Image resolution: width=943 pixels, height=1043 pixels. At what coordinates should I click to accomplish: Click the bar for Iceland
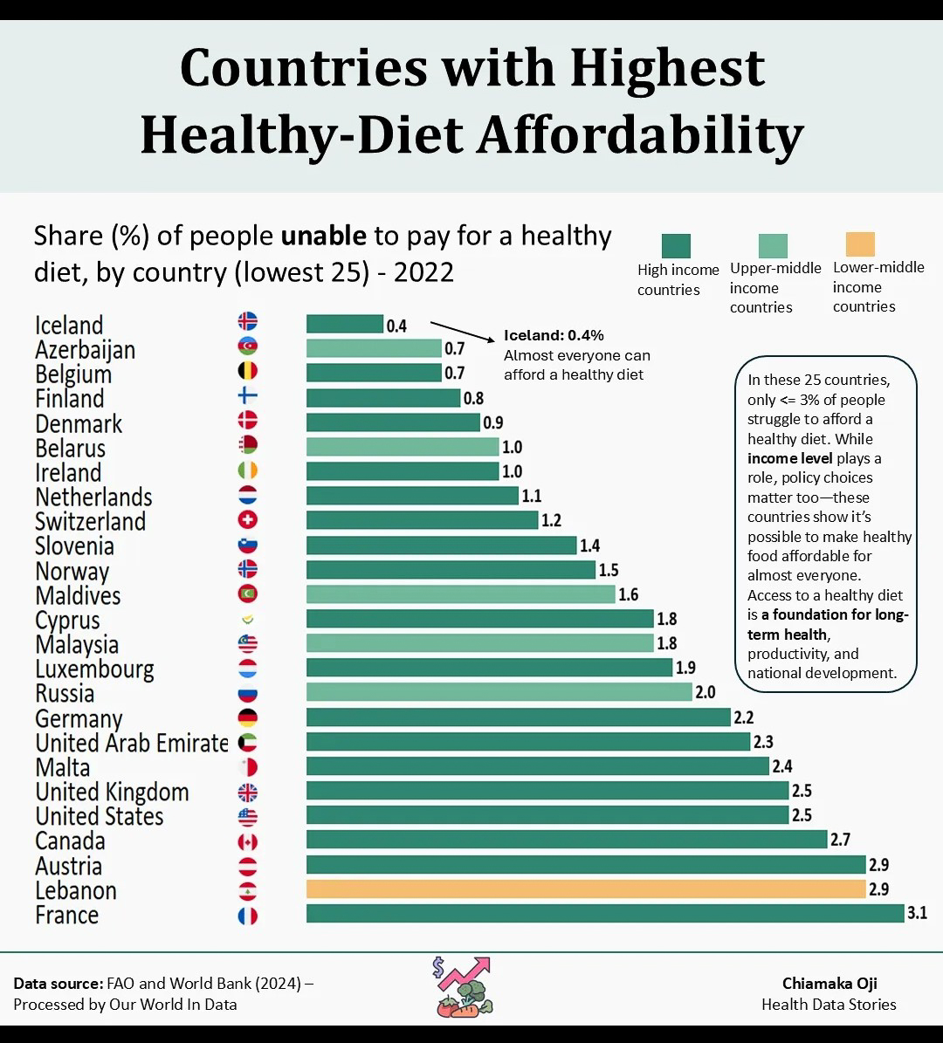click(x=345, y=324)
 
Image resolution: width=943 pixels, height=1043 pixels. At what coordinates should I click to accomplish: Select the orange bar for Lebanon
click(x=586, y=889)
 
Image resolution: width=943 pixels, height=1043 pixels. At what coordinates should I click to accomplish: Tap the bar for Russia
click(x=499, y=692)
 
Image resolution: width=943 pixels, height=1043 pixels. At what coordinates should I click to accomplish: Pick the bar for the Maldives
click(x=461, y=594)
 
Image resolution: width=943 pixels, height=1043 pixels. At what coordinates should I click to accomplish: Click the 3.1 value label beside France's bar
click(x=917, y=914)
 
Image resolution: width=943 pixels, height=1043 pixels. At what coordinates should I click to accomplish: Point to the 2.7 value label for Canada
click(x=840, y=840)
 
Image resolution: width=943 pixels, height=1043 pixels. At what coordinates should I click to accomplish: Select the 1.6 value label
click(x=628, y=594)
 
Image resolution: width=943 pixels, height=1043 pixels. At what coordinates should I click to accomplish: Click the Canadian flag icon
click(x=248, y=842)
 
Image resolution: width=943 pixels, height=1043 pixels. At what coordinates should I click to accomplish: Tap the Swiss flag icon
click(x=248, y=520)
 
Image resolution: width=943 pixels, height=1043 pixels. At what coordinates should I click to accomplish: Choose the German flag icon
click(x=248, y=718)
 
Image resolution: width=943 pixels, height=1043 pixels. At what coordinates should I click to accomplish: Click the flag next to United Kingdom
click(x=248, y=793)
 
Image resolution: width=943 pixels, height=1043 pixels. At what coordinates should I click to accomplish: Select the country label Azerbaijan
click(x=86, y=350)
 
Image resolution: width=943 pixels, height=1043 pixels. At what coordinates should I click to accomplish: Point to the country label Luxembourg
click(x=94, y=669)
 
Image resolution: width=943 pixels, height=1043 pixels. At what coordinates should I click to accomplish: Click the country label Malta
click(x=63, y=768)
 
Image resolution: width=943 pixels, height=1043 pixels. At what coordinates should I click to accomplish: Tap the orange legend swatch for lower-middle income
click(x=860, y=244)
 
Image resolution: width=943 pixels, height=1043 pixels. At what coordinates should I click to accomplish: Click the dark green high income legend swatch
click(x=676, y=246)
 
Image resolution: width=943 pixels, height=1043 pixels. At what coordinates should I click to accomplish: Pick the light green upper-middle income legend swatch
click(x=773, y=245)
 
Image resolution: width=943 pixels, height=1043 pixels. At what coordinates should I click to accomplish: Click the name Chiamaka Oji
click(x=829, y=984)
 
